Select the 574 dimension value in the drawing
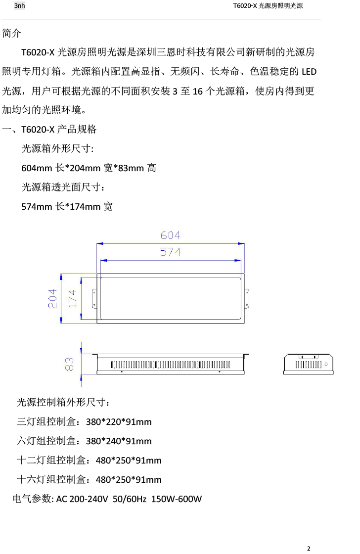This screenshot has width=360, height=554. coord(170,252)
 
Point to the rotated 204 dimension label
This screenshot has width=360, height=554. coord(53,299)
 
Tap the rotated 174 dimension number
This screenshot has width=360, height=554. coord(72,299)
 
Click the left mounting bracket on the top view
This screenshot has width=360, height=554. coord(93,298)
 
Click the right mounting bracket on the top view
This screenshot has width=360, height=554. coord(249,298)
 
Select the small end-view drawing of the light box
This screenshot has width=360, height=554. coord(308,364)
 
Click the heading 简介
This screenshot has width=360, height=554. coord(12,34)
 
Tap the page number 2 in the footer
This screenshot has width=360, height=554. coord(309,548)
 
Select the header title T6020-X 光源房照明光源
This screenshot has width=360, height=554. coord(268,6)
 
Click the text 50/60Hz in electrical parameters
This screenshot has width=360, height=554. coord(130,499)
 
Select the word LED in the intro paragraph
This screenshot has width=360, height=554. coord(309,72)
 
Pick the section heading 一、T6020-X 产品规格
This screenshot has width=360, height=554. coord(49,130)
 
